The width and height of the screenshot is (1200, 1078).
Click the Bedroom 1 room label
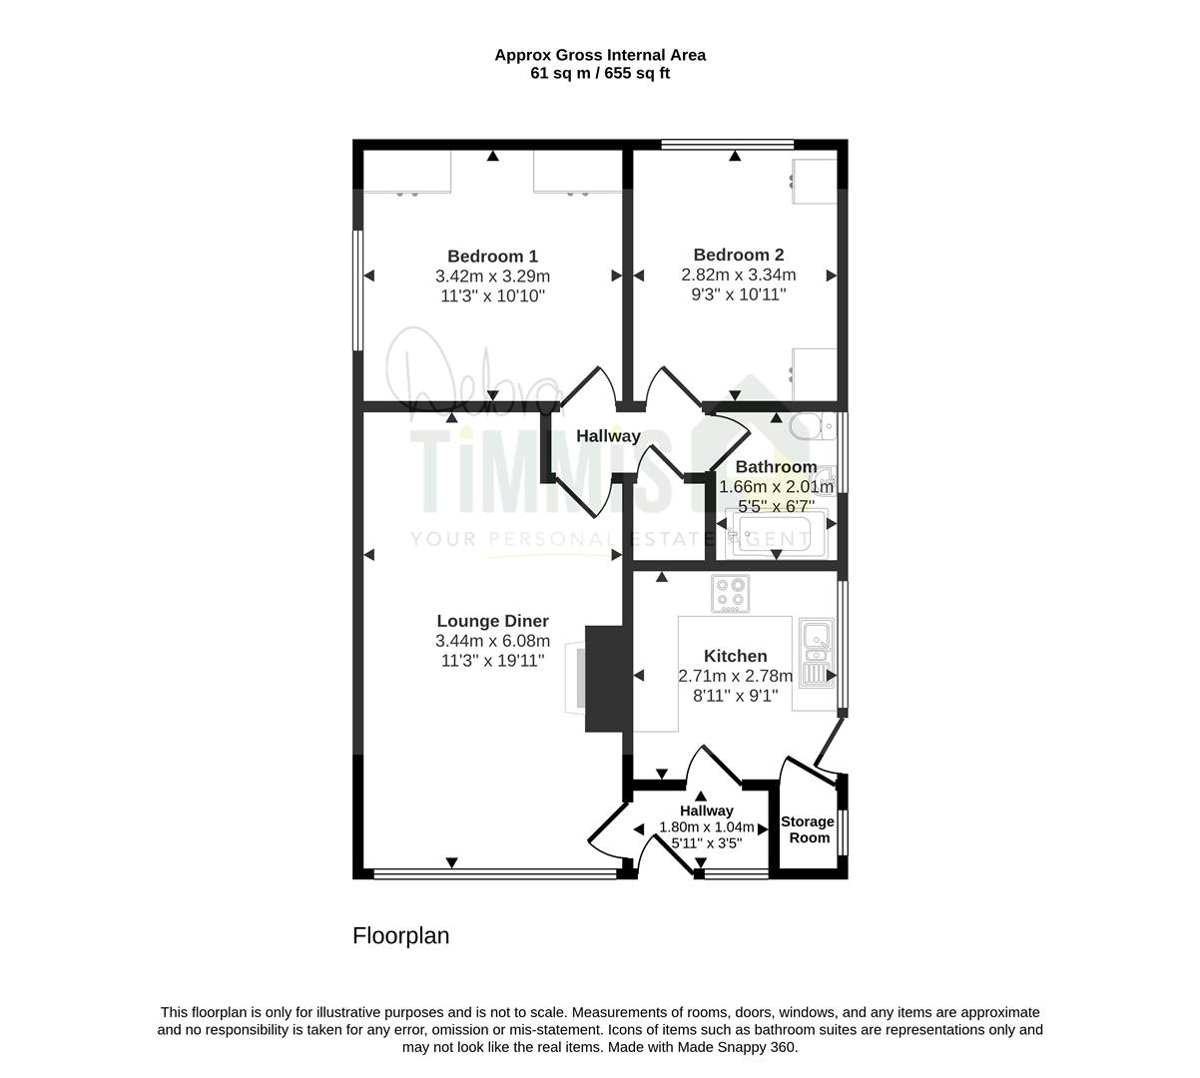pyautogui.click(x=492, y=256)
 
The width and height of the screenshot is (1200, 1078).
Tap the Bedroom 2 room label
pyautogui.click(x=738, y=255)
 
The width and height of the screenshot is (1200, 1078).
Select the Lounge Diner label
pyautogui.click(x=492, y=621)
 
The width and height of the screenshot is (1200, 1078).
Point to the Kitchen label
pyautogui.click(x=735, y=656)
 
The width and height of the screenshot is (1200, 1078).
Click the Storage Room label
pyautogui.click(x=808, y=829)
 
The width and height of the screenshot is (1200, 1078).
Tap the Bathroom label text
pyautogui.click(x=776, y=467)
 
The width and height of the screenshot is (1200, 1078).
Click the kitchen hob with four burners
pyautogui.click(x=731, y=594)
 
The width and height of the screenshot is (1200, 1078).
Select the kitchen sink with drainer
pyautogui.click(x=817, y=654)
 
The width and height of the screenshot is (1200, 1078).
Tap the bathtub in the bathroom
pyautogui.click(x=771, y=534)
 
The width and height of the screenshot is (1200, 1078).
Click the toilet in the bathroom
pyautogui.click(x=812, y=426)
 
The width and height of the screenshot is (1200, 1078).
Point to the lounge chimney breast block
pyautogui.click(x=604, y=678)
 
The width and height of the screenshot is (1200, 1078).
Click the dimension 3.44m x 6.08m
pyautogui.click(x=492, y=640)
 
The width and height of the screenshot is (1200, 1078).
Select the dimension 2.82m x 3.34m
pyautogui.click(x=738, y=274)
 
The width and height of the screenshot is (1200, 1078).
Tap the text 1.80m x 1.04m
pyautogui.click(x=707, y=826)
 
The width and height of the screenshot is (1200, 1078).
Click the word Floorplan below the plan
pyautogui.click(x=401, y=936)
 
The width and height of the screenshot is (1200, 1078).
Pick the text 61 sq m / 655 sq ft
pyautogui.click(x=600, y=73)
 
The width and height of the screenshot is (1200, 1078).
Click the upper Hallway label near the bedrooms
pyautogui.click(x=608, y=436)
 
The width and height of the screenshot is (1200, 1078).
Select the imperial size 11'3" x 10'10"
pyautogui.click(x=492, y=295)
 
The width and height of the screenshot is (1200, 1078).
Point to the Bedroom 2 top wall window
pyautogui.click(x=728, y=144)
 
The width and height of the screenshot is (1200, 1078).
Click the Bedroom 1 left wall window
pyautogui.click(x=357, y=290)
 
